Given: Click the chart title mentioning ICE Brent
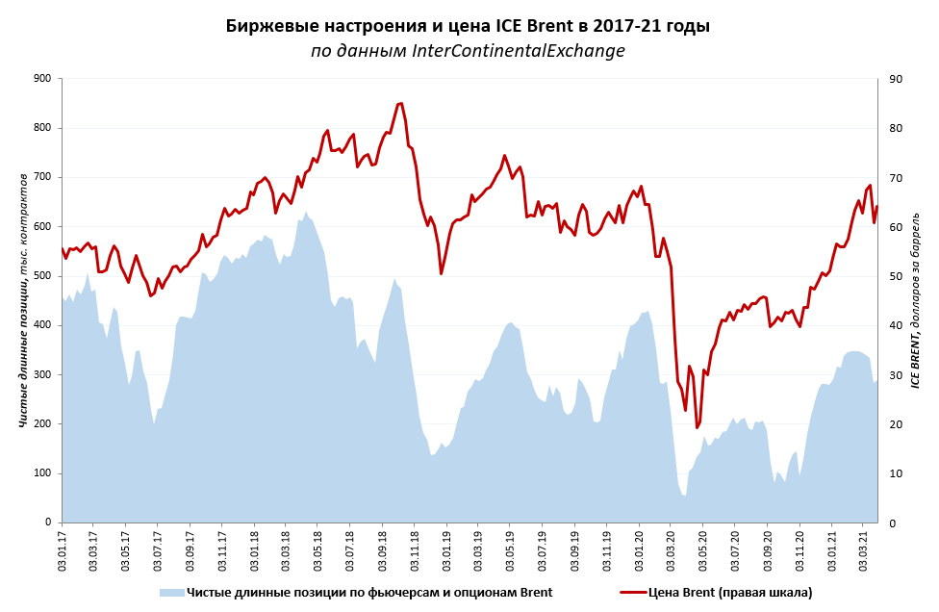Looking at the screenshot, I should click(468, 26).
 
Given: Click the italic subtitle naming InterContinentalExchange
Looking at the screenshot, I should click(468, 51).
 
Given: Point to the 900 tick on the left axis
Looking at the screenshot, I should click(41, 79).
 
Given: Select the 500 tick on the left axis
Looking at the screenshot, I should click(41, 276).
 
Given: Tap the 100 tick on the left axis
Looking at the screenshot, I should click(41, 473).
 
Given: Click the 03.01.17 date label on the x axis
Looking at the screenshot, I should click(63, 548).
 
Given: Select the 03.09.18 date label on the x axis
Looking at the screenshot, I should click(383, 548).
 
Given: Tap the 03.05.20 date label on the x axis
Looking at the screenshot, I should click(703, 548).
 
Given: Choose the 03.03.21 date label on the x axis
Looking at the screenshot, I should click(864, 548).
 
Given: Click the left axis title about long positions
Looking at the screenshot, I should click(24, 300).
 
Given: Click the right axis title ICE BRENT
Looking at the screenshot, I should click(915, 300).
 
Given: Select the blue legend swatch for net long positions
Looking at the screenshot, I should click(171, 593).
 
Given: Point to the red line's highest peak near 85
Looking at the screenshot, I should click(400, 103).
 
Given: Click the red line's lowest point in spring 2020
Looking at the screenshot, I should click(697, 427).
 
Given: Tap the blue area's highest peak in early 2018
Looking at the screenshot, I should click(306, 213).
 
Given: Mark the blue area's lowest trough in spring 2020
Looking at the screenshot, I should click(684, 495).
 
